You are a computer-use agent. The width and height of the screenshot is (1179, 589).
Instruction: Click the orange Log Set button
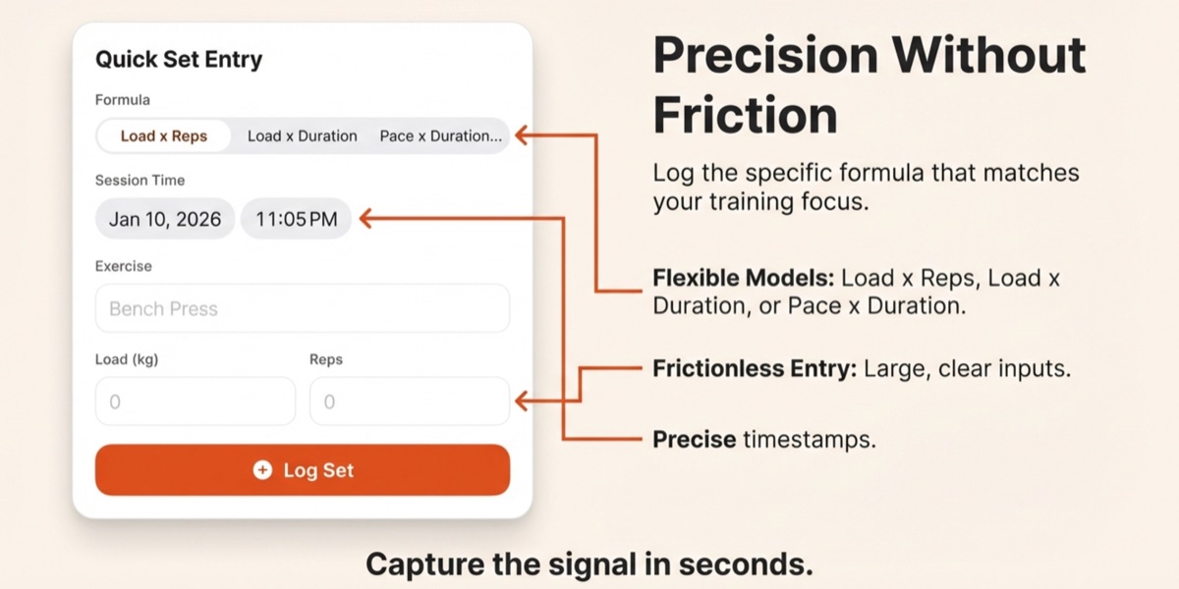[x=303, y=470]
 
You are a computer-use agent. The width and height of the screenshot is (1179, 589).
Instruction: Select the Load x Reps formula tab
[x=164, y=136]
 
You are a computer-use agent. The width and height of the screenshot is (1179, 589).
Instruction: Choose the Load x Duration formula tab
[x=302, y=136]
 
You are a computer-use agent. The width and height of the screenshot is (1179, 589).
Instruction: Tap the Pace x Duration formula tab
[x=440, y=136]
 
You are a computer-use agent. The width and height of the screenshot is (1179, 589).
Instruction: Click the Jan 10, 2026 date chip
[x=165, y=219]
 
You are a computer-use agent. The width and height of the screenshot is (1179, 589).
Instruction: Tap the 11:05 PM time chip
[x=296, y=219]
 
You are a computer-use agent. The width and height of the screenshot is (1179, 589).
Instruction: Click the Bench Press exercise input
[x=303, y=308]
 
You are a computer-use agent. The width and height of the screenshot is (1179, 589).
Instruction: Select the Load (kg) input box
[x=195, y=402]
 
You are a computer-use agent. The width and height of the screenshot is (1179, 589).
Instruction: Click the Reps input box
[x=409, y=402]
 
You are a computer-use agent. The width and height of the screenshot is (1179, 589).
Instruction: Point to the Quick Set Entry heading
[x=179, y=59]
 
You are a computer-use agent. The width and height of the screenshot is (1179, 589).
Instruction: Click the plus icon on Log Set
[x=262, y=470]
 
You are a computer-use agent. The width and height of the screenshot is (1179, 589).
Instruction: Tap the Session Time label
[x=140, y=181]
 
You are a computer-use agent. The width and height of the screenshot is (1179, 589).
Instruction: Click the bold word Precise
[x=694, y=439]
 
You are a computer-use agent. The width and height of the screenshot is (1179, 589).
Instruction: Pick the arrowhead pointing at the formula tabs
[x=522, y=135]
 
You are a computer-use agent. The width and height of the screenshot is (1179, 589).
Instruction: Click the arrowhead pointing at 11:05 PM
[x=365, y=219]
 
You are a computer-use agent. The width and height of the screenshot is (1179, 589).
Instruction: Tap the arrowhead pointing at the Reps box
[x=522, y=401]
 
